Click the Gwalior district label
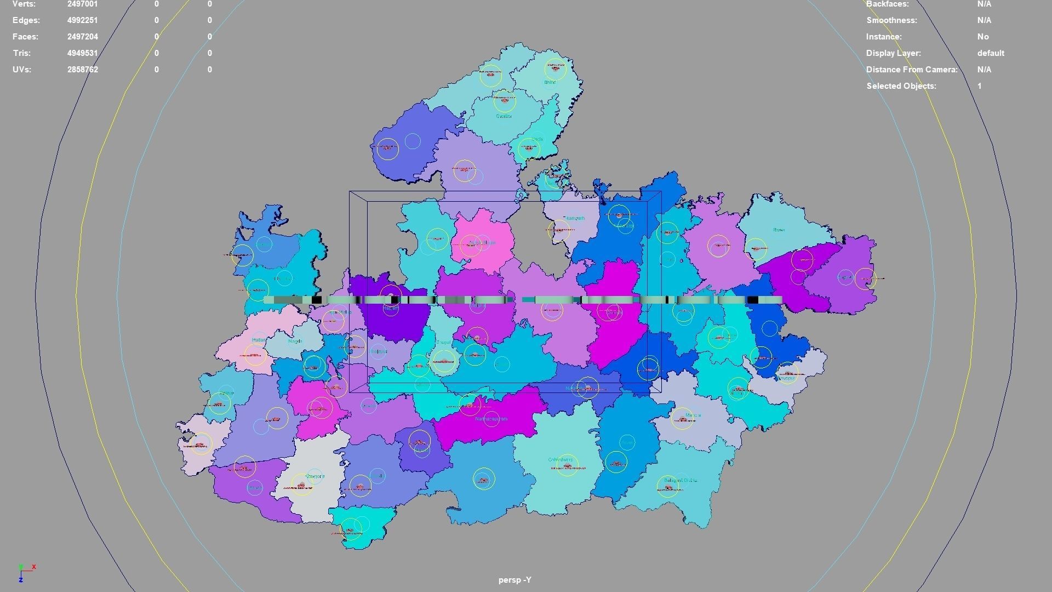point(504,116)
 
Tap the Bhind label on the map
point(550,82)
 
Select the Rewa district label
point(779,230)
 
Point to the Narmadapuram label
point(491,419)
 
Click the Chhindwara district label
point(560,459)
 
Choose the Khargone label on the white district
point(315,476)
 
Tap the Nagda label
point(295,341)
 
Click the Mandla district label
point(693,415)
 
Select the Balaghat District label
point(680,480)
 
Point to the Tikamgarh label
point(574,218)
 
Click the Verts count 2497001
point(83,4)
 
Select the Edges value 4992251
point(83,20)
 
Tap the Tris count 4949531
point(83,53)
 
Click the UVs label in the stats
point(22,70)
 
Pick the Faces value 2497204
point(83,37)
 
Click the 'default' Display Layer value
point(990,53)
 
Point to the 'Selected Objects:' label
point(901,86)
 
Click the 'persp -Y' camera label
point(514,580)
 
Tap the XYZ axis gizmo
point(25,572)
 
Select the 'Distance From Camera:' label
point(911,70)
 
